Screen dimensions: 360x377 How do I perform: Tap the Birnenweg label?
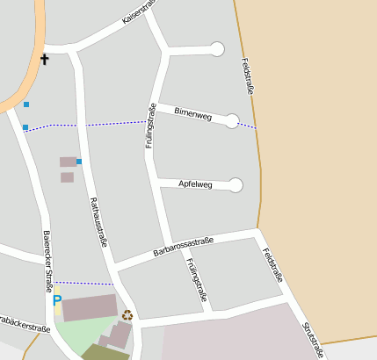pyautogui.click(x=193, y=115)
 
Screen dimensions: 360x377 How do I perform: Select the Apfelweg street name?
pyautogui.click(x=195, y=184)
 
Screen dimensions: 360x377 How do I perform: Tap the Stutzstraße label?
pyautogui.click(x=313, y=340)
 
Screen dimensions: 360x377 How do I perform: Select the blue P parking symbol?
pyautogui.click(x=57, y=300)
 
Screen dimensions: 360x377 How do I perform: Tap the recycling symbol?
pyautogui.click(x=127, y=314)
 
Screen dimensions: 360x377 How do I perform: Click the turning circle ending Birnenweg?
pyautogui.click(x=232, y=121)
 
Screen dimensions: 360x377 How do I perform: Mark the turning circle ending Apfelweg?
pyautogui.click(x=236, y=184)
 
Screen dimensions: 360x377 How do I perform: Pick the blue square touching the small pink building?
pyautogui.click(x=79, y=162)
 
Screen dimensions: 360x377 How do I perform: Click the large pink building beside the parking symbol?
pyautogui.click(x=89, y=307)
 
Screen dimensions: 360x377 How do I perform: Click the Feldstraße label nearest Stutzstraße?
pyautogui.click(x=273, y=263)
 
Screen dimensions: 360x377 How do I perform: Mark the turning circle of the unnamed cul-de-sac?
pyautogui.click(x=217, y=49)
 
